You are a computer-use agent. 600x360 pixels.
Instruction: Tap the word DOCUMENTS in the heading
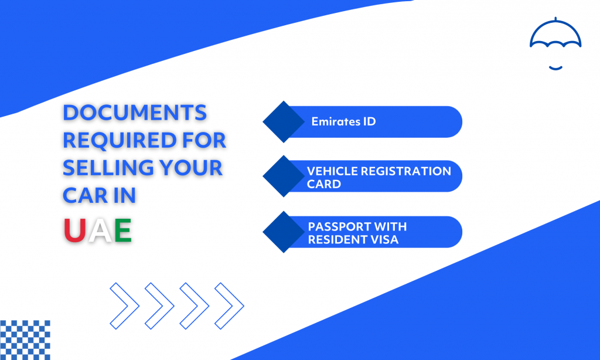point(135,113)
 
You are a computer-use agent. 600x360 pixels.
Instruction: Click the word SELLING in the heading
point(108,168)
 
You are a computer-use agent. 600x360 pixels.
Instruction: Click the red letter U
point(74,230)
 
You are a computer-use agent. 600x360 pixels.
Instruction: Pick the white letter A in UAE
point(100,230)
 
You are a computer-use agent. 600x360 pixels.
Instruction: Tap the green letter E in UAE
point(123,230)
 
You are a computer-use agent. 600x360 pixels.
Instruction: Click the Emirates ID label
point(343,122)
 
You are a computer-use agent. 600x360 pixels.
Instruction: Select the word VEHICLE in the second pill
point(332,171)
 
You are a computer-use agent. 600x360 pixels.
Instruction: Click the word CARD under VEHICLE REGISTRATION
point(323,184)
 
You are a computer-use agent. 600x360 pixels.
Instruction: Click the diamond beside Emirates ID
point(284,122)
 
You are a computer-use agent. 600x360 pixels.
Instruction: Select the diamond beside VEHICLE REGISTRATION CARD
point(284,176)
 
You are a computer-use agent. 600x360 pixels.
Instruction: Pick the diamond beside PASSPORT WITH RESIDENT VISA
point(284,232)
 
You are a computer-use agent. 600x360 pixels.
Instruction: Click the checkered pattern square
point(25,340)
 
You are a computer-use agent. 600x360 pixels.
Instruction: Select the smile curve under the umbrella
point(555,68)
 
